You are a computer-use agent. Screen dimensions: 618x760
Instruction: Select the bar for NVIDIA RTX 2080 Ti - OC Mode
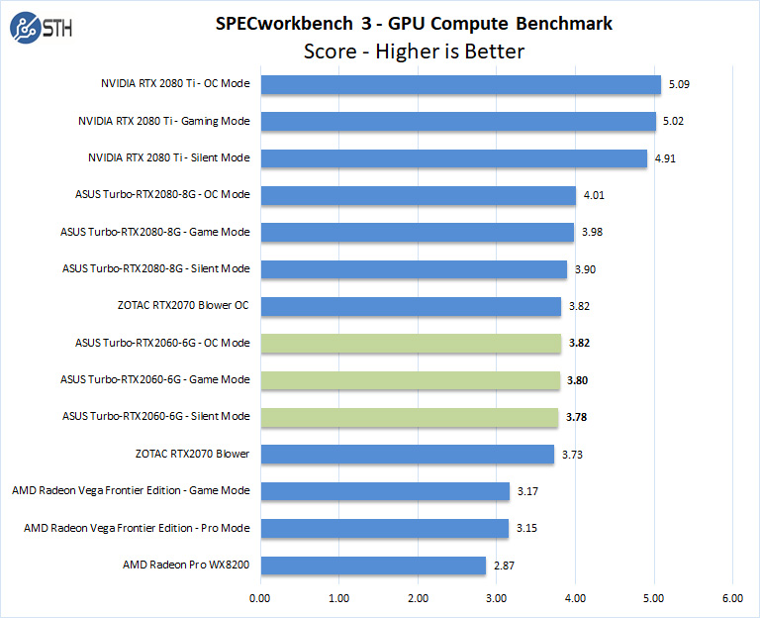[460, 84]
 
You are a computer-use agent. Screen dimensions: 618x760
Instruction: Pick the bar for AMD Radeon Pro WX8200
[373, 565]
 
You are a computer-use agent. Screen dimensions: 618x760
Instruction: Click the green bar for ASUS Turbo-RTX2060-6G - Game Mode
[410, 379]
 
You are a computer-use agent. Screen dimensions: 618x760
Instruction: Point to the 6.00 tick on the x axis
[732, 597]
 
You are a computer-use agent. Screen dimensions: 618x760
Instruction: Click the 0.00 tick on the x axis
[260, 597]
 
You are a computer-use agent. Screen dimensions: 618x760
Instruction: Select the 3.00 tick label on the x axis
[497, 597]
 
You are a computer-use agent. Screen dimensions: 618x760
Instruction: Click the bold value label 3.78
[577, 417]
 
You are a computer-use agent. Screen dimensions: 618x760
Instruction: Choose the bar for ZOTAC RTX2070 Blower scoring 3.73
[407, 454]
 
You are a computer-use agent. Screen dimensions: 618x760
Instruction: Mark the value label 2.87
[505, 565]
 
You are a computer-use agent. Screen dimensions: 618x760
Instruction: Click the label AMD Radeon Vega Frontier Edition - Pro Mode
[137, 528]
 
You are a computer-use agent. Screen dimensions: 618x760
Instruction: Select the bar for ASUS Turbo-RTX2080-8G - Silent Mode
[414, 268]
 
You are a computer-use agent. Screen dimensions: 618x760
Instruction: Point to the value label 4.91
[666, 158]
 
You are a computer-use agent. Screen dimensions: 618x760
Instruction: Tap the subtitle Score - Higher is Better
[413, 51]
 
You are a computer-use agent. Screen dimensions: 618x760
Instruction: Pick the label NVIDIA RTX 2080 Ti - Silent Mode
[168, 157]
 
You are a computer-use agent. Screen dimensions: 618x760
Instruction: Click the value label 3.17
[528, 491]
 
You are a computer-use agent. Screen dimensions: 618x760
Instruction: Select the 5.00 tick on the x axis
[654, 597]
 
